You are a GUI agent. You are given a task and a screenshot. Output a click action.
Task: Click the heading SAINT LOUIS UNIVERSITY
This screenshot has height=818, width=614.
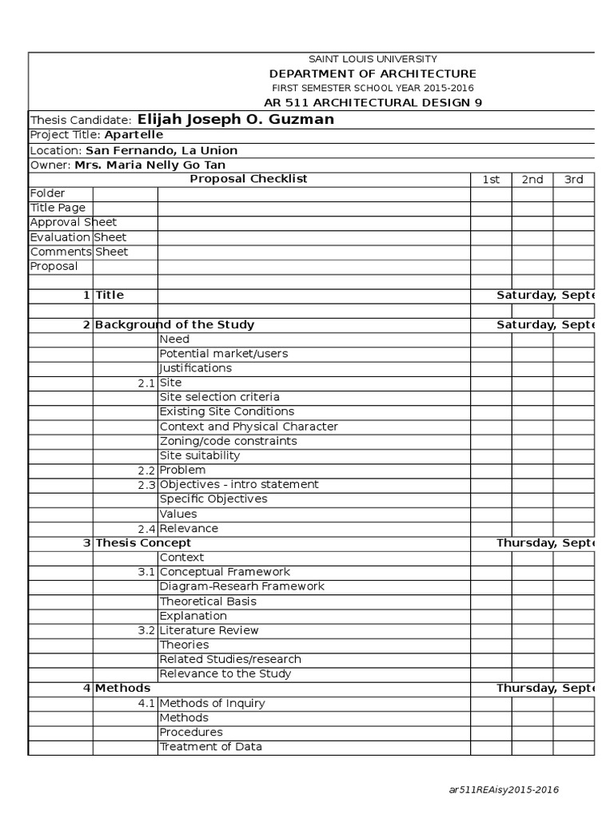(x=373, y=59)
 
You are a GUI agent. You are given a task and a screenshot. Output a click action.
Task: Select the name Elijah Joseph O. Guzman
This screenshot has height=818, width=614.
(x=236, y=120)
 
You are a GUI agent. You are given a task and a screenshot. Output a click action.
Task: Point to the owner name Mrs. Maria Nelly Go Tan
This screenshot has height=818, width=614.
(x=150, y=165)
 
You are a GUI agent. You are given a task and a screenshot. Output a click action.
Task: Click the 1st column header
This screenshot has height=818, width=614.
(x=491, y=180)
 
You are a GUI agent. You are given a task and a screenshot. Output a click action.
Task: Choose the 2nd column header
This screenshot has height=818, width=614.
(x=532, y=180)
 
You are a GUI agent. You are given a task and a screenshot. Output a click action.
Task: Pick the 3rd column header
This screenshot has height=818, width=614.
(x=574, y=180)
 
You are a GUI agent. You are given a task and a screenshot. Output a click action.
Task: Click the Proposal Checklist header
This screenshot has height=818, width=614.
(x=248, y=179)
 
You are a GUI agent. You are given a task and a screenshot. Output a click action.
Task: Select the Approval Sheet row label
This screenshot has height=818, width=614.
(x=73, y=222)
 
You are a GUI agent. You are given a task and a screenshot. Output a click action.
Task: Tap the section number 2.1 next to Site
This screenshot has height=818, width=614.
(x=146, y=383)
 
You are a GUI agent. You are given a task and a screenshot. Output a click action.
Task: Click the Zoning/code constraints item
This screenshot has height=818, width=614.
(x=228, y=441)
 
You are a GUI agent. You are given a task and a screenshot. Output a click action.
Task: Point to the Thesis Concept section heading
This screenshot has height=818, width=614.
(x=143, y=542)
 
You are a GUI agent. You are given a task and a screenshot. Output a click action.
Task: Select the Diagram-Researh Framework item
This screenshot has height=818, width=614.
(x=241, y=586)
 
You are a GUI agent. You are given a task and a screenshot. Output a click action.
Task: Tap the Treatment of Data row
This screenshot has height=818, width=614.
(x=210, y=747)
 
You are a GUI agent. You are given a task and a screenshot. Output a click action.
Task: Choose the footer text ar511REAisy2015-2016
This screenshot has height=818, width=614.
(x=504, y=790)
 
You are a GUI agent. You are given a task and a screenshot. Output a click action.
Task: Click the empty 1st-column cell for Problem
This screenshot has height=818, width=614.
(x=491, y=470)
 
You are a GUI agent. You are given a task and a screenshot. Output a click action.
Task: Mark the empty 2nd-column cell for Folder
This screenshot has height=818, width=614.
(x=532, y=193)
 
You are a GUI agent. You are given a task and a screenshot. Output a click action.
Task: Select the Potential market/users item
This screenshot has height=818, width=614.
(x=224, y=353)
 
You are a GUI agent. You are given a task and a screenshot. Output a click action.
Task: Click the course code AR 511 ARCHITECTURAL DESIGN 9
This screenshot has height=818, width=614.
(x=373, y=102)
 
